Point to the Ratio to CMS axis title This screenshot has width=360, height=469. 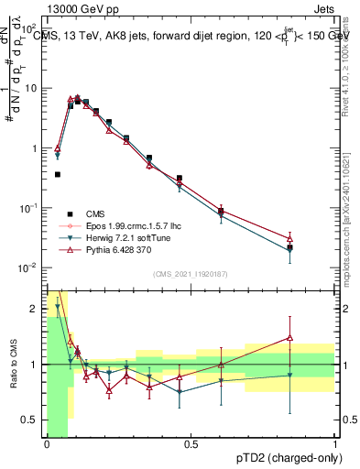click(x=13, y=366)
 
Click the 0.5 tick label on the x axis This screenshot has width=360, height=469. click(x=191, y=444)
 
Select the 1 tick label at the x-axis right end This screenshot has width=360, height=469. click(x=334, y=444)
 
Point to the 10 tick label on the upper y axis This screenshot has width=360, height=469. click(x=32, y=89)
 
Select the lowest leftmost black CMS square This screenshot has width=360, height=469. click(x=58, y=174)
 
